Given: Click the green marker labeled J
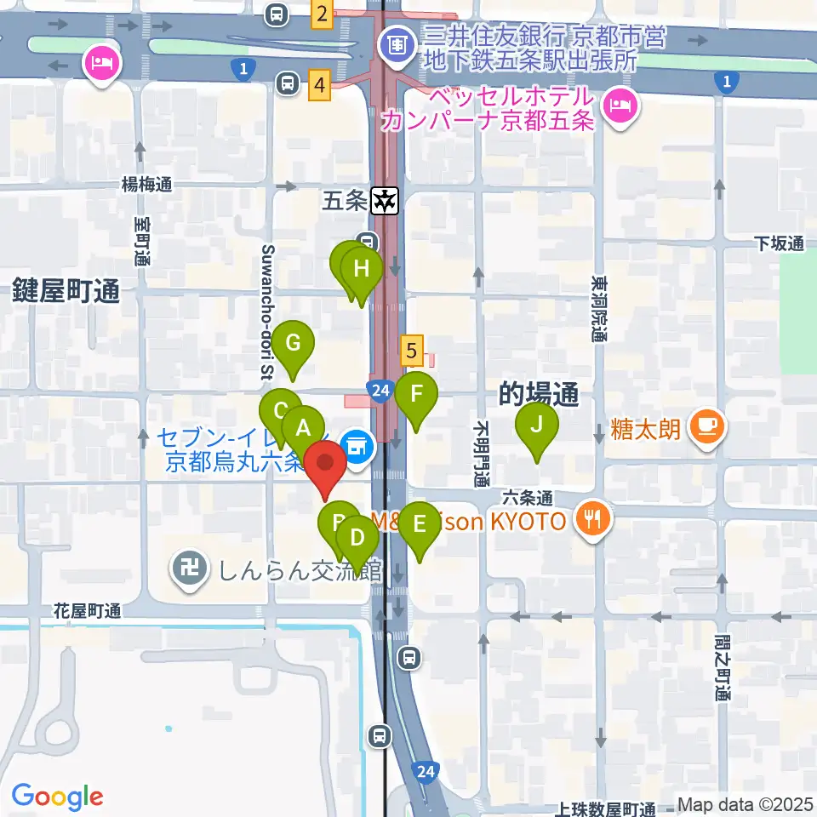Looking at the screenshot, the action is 537,424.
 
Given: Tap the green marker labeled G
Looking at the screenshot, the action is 293,344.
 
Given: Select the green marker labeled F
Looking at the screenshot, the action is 417,394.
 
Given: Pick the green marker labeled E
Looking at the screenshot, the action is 420,523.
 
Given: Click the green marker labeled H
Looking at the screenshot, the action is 362,270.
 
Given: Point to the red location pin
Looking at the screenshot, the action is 325,466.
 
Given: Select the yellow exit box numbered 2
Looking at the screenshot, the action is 321,14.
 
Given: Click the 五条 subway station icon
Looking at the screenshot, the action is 386,201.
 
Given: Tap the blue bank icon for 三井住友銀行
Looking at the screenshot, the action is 396,42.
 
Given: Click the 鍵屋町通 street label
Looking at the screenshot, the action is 66,293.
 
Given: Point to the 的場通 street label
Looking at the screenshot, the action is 540,393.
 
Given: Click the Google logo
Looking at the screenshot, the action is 57,796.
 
